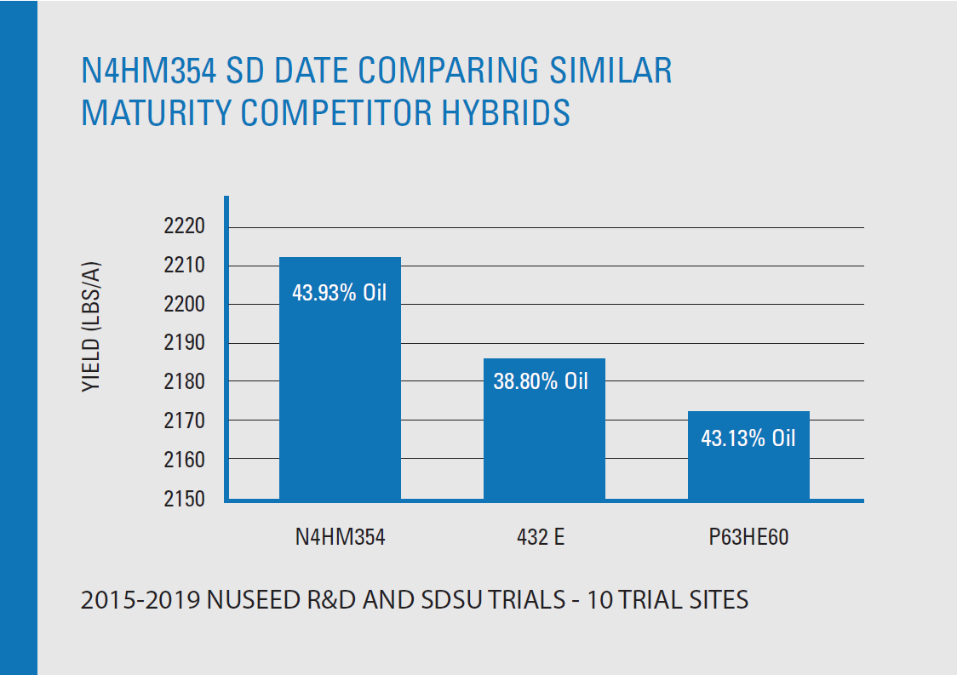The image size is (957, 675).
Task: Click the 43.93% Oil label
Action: pos(340,293)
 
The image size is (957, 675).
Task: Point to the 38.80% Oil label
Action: pos(542,380)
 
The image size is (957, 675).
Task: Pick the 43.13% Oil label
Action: pos(748,438)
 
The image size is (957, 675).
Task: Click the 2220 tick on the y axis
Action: pos(184,227)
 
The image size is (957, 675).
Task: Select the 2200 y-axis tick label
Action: pos(184,305)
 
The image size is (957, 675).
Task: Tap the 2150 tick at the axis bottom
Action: pos(184,498)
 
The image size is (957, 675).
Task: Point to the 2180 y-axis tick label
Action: pos(184,382)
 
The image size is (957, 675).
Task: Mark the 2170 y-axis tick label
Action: pos(184,421)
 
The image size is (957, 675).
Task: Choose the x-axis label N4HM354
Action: pos(340,537)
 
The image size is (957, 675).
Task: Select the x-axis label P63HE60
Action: pos(748,537)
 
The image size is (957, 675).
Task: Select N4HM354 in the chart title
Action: pos(149,70)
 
